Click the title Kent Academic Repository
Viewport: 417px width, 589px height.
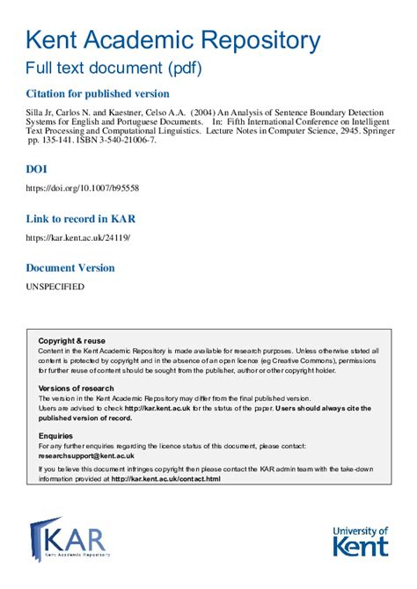(x=172, y=40)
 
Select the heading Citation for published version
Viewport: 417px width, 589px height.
(x=98, y=93)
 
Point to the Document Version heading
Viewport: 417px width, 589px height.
(x=82, y=267)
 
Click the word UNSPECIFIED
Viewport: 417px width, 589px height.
(x=55, y=287)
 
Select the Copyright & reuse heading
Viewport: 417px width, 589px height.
(x=71, y=340)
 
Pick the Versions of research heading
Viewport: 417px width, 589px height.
(x=77, y=388)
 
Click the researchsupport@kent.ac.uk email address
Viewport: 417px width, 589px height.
(x=86, y=456)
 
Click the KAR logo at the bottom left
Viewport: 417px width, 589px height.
(x=69, y=539)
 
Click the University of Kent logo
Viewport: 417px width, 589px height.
(x=360, y=541)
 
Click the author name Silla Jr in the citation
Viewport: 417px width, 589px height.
(x=41, y=114)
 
